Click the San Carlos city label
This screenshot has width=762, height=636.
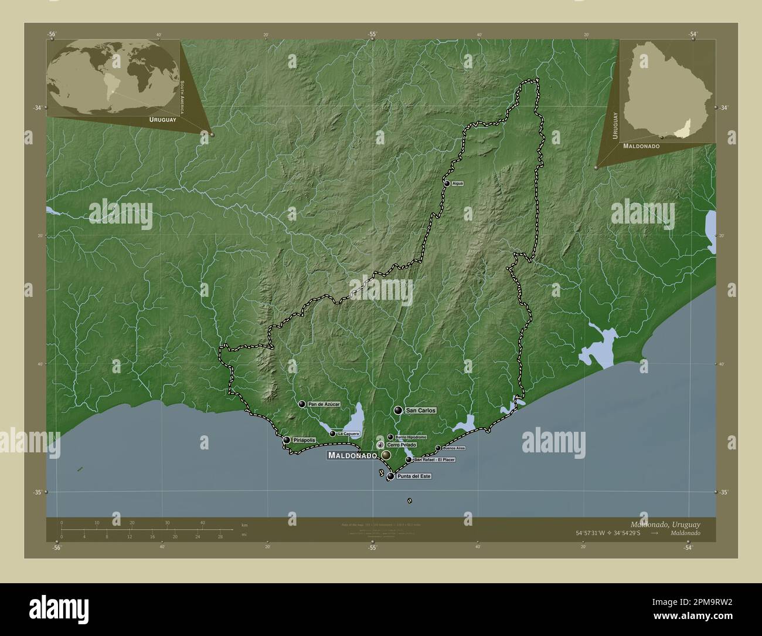[421, 411]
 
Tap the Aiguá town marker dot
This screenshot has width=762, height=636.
[447, 184]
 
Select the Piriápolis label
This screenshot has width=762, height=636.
[305, 440]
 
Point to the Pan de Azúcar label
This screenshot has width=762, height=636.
[324, 404]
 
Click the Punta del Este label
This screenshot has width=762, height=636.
[414, 476]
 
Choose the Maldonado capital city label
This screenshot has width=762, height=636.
[352, 455]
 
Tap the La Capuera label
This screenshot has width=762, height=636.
[348, 434]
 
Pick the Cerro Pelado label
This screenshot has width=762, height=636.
[401, 445]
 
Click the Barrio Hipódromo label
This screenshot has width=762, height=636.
[410, 437]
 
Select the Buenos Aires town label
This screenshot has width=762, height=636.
[454, 448]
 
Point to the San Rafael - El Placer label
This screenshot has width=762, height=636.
[434, 459]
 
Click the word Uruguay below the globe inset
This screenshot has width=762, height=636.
[162, 119]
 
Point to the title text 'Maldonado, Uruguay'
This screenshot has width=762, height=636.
[665, 523]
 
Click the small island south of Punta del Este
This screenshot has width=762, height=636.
[409, 500]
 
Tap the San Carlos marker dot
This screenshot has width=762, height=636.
[399, 411]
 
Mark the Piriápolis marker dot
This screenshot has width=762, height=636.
[287, 440]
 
